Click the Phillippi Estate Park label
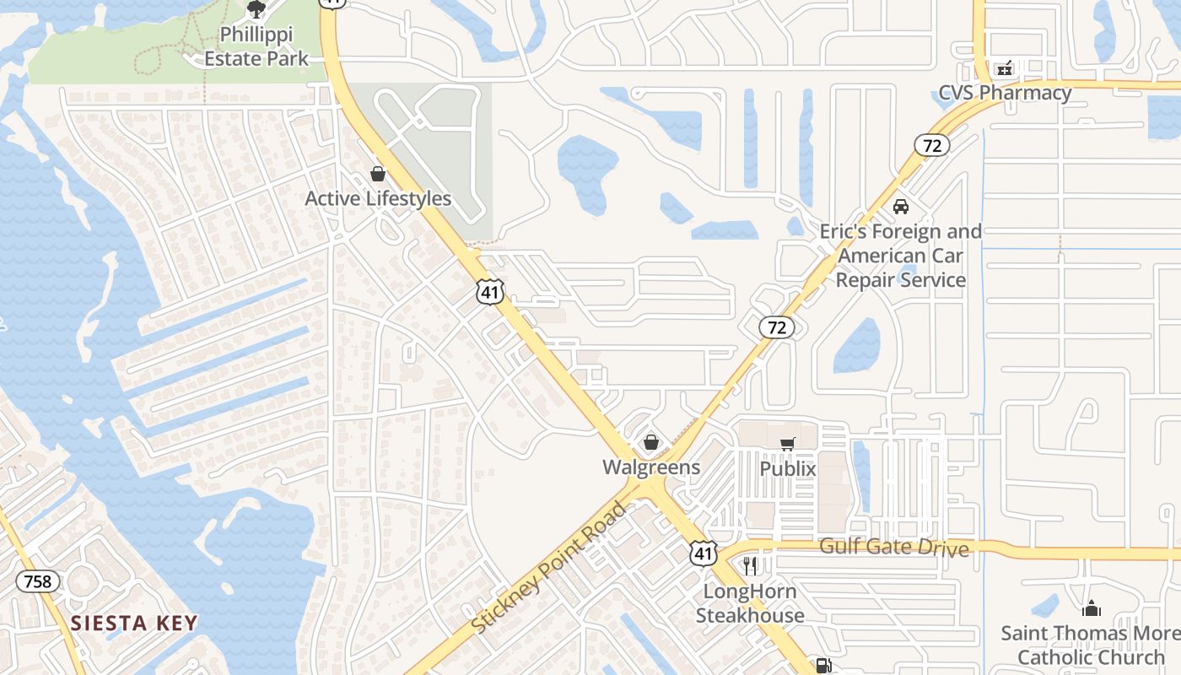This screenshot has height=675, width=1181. [256, 47]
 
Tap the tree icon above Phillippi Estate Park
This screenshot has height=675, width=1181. [256, 9]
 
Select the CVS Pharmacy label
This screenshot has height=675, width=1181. [1005, 93]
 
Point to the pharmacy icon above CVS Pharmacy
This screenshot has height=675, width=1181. [1004, 68]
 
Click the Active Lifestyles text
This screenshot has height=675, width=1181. [378, 199]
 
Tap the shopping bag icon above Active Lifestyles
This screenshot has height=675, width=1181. [378, 174]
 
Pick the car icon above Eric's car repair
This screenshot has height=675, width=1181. [901, 206]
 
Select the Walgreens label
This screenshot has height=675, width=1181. [651, 467]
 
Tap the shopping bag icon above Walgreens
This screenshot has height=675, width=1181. [651, 441]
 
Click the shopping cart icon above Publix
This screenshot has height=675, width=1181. [788, 444]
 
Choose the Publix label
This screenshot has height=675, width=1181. [788, 468]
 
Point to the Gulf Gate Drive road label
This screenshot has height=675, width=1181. [894, 548]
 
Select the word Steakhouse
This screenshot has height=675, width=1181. [750, 615]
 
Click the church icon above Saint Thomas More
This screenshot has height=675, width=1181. [1092, 607]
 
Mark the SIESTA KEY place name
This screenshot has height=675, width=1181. [134, 624]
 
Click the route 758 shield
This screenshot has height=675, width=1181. [38, 581]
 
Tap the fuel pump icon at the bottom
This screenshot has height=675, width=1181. [822, 666]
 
